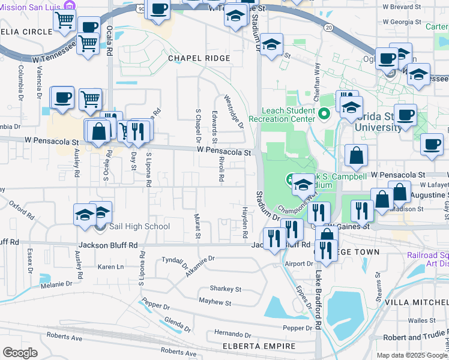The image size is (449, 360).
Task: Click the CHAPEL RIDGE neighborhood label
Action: pyautogui.click(x=199, y=58)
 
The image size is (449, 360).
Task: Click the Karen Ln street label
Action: pyautogui.click(x=110, y=266)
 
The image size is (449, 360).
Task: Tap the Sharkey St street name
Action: pyautogui.click(x=226, y=289)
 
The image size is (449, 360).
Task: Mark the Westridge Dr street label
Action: pyautogui.click(x=234, y=111)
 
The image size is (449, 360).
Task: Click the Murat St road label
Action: pyautogui.click(x=196, y=226)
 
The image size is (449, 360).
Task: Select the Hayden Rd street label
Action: pyautogui.click(x=245, y=222)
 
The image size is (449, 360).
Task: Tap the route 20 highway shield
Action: pyautogui.click(x=328, y=28)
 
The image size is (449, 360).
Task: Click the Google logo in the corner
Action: pyautogui.click(x=20, y=353)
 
